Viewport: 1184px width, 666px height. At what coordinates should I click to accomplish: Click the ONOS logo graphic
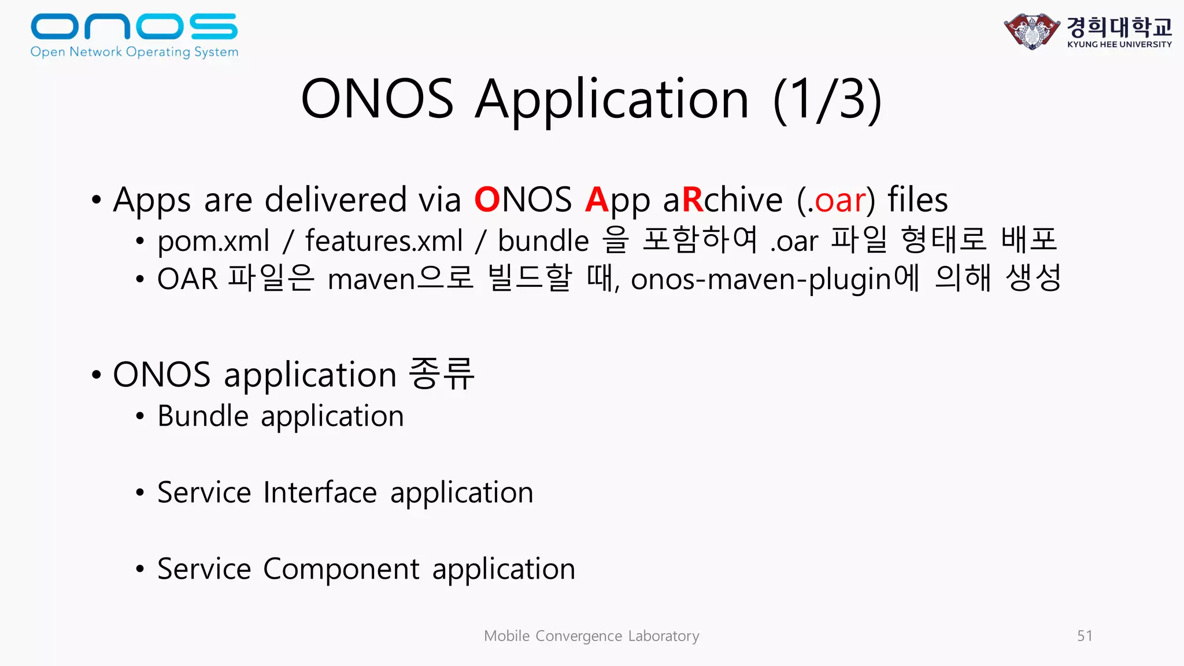(x=134, y=27)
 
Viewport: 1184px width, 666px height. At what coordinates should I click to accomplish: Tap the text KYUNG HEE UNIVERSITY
(x=1119, y=45)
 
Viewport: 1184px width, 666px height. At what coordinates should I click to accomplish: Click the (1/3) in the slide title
(x=827, y=99)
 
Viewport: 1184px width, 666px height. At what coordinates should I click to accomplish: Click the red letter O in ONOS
(x=487, y=200)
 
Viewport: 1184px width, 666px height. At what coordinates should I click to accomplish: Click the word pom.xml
(x=213, y=240)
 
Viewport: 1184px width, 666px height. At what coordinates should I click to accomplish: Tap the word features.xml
(x=384, y=240)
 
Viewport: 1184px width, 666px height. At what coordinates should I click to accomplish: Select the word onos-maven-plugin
(x=761, y=279)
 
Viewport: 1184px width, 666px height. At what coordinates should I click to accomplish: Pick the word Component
(x=341, y=569)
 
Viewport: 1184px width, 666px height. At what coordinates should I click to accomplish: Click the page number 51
(x=1085, y=636)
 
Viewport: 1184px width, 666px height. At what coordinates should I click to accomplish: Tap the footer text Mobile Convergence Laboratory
(x=591, y=636)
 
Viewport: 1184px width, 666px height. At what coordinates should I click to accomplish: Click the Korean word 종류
(x=442, y=374)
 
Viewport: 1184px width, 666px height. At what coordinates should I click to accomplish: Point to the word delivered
(x=336, y=200)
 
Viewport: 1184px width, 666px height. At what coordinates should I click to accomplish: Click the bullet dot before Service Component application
(x=140, y=569)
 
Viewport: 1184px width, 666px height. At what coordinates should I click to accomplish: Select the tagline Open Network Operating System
(x=134, y=52)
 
